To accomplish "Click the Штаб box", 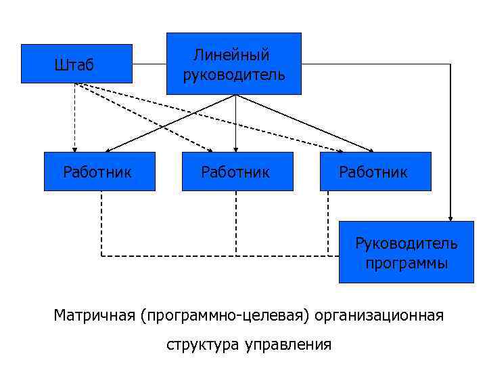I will pyautogui.click(x=76, y=64).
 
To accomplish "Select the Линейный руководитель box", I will pyautogui.click(x=234, y=63).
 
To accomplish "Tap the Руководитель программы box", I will pyautogui.click(x=406, y=252).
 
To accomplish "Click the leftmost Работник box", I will pyautogui.click(x=99, y=171).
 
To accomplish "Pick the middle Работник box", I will pyautogui.click(x=236, y=171).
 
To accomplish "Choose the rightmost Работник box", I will pyautogui.click(x=375, y=171).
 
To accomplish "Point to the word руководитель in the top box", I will pyautogui.click(x=234, y=73).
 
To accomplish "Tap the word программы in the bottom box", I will pyautogui.click(x=407, y=263).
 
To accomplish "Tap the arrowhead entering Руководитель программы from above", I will pyautogui.click(x=450, y=217).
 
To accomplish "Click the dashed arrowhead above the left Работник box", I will pyautogui.click(x=74, y=148).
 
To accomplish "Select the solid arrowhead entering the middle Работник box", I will pyautogui.click(x=235, y=148).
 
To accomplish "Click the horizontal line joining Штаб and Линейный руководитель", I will pyautogui.click(x=149, y=64).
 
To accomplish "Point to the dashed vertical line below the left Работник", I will pyautogui.click(x=101, y=224).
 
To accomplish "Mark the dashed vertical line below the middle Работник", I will pyautogui.click(x=235, y=224).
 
